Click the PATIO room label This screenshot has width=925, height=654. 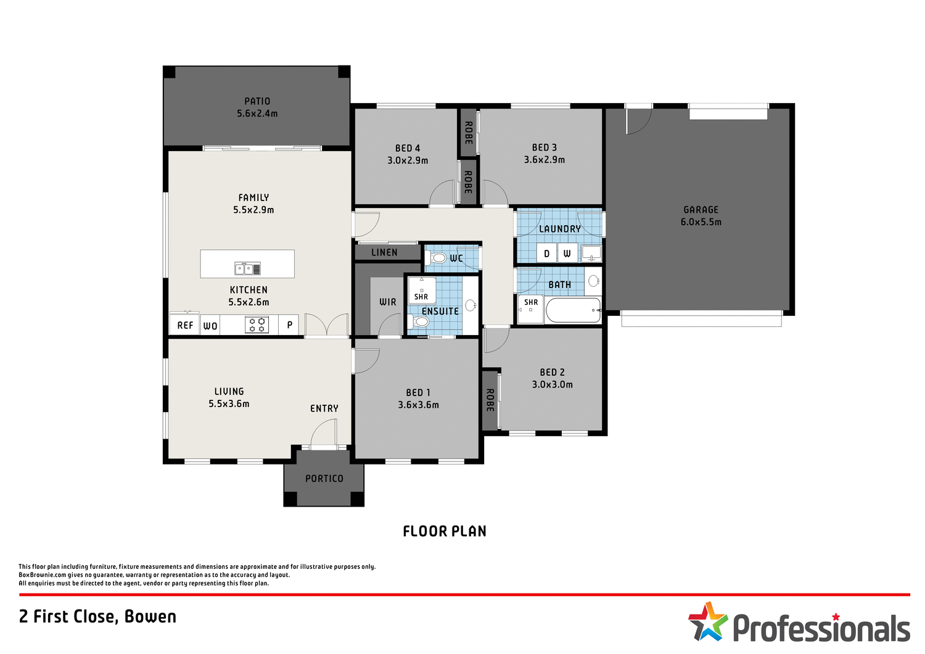pos(257,101)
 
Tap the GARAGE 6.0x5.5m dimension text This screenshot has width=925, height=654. pos(701,222)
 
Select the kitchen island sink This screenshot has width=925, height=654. pos(247,268)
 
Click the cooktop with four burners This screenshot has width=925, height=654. pos(257,325)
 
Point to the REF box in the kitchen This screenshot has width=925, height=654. pos(185,325)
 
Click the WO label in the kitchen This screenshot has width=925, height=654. pos(210,326)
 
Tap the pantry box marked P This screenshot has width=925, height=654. pos(289,325)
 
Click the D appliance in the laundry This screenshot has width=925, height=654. pos(546,253)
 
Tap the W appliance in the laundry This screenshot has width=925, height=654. pos(567,253)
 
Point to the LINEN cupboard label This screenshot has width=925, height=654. pos(384,252)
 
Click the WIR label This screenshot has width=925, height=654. pos(388,302)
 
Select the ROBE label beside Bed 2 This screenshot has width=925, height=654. pos(490,400)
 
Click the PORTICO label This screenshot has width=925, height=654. pos(324,478)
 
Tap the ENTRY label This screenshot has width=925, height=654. pos(324,408)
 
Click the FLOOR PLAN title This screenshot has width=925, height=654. pos(445,531)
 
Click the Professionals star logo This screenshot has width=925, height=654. pos(708,621)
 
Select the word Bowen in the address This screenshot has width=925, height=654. pos(150,616)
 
